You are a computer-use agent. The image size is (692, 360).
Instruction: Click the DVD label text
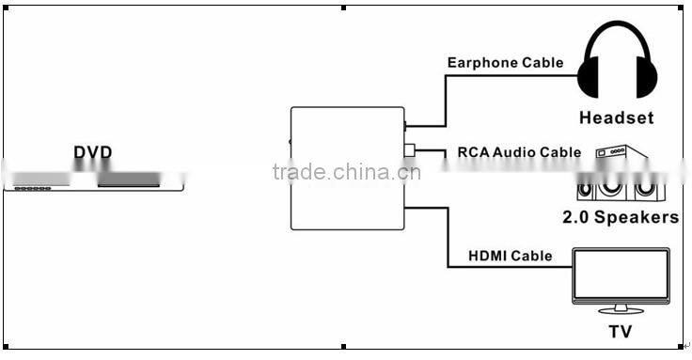pos(93,152)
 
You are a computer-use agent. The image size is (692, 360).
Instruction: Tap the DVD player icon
pos(93,180)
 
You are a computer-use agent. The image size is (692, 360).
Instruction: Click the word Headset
pos(616,118)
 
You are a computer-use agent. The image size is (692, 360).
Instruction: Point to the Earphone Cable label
pos(505,63)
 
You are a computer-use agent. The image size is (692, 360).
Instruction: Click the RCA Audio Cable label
pos(519,151)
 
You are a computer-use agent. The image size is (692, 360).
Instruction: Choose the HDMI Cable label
pos(510,256)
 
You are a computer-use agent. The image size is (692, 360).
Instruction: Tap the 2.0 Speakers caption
pos(620,217)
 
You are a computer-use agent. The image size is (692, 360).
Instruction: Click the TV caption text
pos(620,331)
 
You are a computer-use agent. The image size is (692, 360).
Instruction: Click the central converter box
pos(346,169)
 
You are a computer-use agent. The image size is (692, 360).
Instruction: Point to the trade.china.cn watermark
pos(346,172)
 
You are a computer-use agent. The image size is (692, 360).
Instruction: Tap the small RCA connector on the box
pos(409,149)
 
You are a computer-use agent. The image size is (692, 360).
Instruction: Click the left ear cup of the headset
pos(589,77)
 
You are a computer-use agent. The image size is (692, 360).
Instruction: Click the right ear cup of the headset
pos(645,77)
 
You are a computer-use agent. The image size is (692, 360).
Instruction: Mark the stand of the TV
pos(621,307)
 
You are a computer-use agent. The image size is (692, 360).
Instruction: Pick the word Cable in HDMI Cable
pos(530,256)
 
